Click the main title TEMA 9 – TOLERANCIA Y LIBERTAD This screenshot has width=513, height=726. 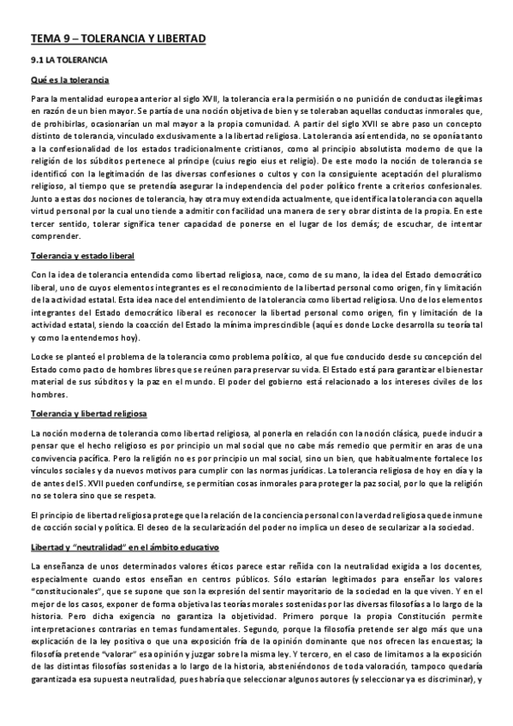tap(118, 39)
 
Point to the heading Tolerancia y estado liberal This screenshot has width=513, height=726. tap(82, 256)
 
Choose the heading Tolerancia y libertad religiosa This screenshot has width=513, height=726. tap(88, 414)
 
